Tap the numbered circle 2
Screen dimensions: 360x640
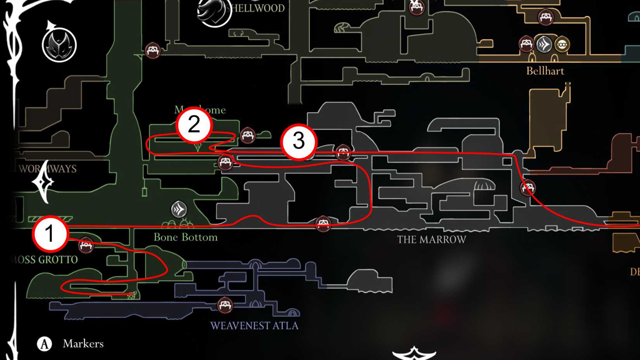point(194,125)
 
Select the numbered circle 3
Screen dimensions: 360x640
point(299,141)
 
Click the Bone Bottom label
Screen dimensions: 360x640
point(185,237)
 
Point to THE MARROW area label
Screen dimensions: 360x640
point(431,240)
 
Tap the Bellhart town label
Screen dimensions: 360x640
point(545,71)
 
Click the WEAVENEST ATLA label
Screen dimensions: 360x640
point(254,325)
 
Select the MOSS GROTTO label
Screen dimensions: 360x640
point(45,260)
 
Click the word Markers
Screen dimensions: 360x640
point(83,344)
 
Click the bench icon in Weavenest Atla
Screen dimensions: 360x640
point(225,305)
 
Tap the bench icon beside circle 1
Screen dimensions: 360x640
point(86,245)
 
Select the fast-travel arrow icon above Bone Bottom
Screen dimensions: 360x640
point(179,209)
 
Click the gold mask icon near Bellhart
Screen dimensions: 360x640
point(562,45)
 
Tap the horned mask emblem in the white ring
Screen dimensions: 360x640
point(59,45)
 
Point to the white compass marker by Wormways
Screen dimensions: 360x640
point(43,182)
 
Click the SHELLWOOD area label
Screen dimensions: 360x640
point(258,8)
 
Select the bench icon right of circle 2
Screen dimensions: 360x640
point(248,135)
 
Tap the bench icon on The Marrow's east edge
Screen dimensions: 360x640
point(528,188)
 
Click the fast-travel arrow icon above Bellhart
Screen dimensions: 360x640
point(544,44)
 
